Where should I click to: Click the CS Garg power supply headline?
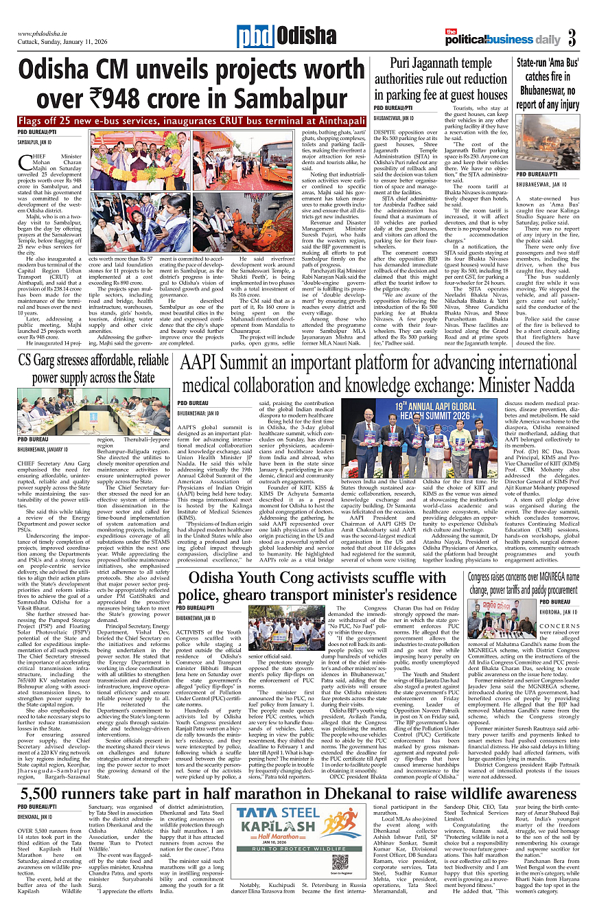(x=93, y=369)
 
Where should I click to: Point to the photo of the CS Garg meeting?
(x=93, y=410)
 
